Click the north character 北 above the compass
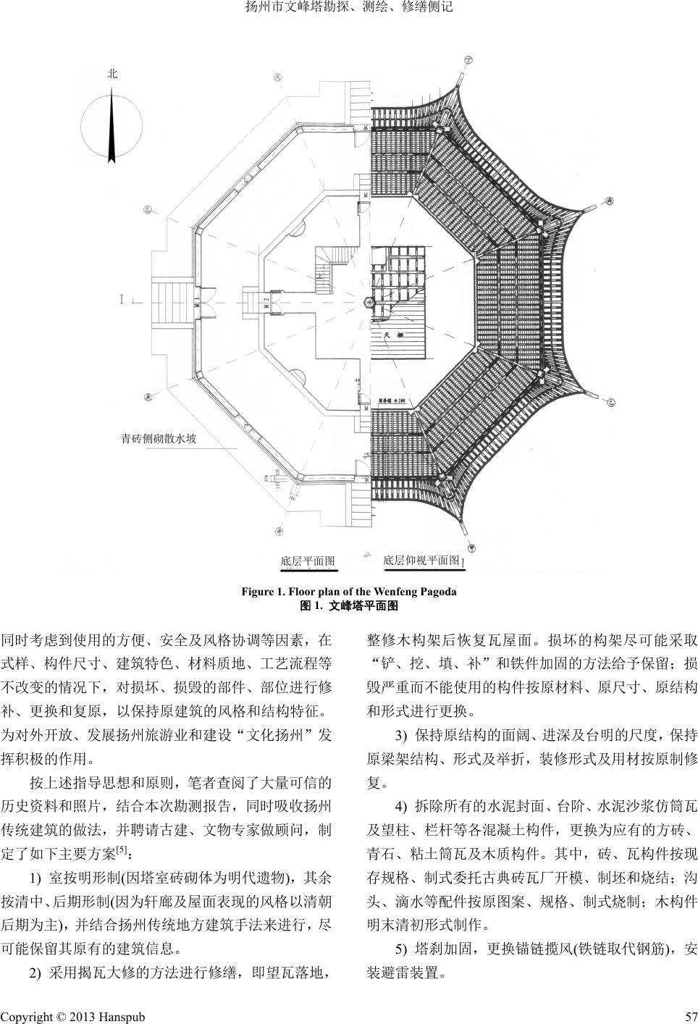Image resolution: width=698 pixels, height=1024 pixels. (112, 74)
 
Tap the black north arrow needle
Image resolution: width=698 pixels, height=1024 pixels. (112, 127)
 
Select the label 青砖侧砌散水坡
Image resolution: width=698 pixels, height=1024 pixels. (159, 438)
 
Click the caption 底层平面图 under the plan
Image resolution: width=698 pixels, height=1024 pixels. (307, 561)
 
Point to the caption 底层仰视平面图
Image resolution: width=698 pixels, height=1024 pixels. (421, 561)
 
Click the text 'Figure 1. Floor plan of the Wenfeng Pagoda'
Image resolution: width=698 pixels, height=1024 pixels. (349, 592)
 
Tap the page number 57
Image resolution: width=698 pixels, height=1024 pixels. (690, 1016)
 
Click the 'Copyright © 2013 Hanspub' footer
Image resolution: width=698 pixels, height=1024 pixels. (72, 1016)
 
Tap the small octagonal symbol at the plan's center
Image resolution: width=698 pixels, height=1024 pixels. (370, 301)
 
